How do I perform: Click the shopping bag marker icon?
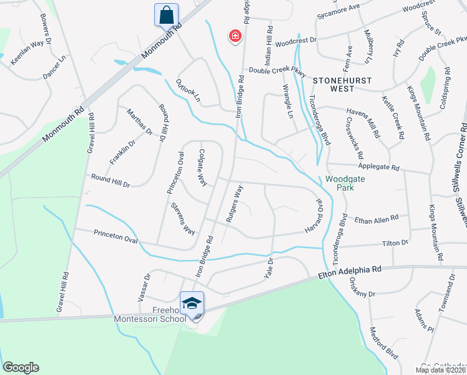tap(167, 15)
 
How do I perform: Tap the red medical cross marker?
tap(235, 37)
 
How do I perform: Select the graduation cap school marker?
tap(192, 304)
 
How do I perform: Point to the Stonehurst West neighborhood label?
tap(342, 85)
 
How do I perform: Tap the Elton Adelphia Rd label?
tap(350, 272)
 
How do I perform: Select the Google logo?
tap(21, 367)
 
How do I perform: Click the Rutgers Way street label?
tap(233, 204)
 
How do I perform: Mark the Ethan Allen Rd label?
tap(376, 219)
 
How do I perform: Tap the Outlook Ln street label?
tap(188, 91)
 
